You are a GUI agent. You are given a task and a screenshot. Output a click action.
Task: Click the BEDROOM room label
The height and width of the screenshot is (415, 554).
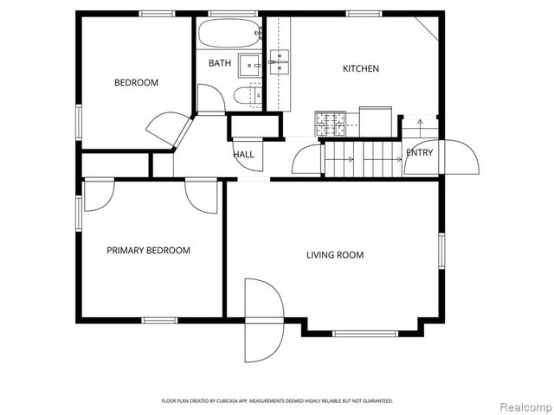coord(137,83)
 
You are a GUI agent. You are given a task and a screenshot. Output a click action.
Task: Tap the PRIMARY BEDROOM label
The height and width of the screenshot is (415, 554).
coord(148,251)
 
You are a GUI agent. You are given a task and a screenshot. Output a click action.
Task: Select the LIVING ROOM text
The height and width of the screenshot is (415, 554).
coord(334,255)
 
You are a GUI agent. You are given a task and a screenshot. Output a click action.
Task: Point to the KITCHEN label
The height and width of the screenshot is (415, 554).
coord(360,69)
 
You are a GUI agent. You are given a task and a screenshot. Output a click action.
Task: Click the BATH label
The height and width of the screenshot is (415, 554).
coord(219,63)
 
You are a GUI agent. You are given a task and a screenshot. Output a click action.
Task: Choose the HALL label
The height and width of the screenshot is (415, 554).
coord(243,155)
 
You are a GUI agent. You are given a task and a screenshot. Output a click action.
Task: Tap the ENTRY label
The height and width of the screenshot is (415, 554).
coord(420,153)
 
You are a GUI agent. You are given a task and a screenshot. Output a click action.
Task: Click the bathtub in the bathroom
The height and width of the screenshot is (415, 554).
coord(229,35)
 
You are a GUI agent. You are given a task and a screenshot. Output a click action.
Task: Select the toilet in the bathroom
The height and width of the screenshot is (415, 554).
coord(247,94)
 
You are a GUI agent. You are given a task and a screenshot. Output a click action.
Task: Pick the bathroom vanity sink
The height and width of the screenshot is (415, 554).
coord(250,65)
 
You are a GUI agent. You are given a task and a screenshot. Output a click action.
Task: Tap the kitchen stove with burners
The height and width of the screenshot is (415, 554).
coord(330,123)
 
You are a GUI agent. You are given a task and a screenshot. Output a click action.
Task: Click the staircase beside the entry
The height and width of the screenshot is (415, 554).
coord(362,158)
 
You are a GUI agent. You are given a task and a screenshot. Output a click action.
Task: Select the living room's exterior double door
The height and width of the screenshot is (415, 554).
coord(263,320)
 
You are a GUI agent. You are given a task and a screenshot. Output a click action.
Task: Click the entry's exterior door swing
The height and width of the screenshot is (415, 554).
coord(460,157)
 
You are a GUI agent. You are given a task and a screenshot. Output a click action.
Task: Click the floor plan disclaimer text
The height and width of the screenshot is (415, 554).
coord(277,401)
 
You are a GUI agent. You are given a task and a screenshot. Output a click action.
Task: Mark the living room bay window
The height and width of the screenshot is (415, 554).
coord(364,331)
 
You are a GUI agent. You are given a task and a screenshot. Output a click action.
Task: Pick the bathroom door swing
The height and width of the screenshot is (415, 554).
coord(210,99)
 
